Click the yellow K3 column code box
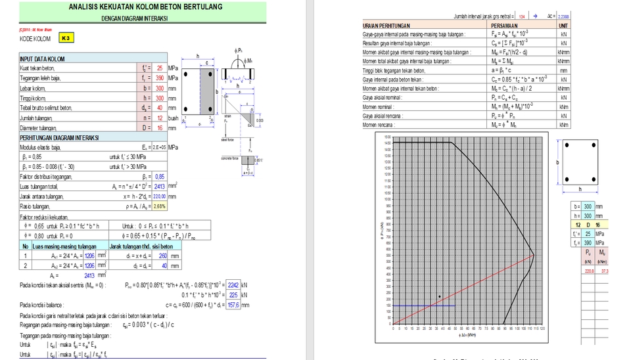65,39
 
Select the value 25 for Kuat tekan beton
159,68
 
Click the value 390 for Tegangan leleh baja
159,78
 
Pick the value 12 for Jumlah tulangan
159,118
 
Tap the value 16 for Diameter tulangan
159,127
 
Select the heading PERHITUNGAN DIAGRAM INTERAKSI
58,138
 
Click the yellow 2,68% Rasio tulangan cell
159,206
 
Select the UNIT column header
563,26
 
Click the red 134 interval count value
521,14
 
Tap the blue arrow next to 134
535,14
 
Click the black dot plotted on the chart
440,297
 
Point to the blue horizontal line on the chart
423,305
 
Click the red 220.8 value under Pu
588,270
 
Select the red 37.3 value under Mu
605,270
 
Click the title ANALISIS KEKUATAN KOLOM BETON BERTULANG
145,7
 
